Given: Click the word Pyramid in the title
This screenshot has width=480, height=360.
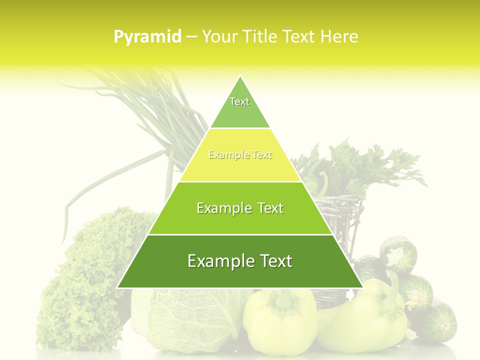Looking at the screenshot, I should pyautogui.click(x=147, y=37).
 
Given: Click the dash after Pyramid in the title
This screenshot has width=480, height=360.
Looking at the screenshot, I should pyautogui.click(x=191, y=37).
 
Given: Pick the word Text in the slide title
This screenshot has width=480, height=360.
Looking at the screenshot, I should pyautogui.click(x=300, y=36).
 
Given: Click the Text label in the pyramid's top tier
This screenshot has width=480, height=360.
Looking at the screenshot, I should pyautogui.click(x=239, y=101).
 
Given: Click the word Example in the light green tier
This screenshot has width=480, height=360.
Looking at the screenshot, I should pyautogui.click(x=223, y=208).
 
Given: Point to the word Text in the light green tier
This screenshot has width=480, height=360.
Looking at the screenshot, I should pyautogui.click(x=271, y=208).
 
